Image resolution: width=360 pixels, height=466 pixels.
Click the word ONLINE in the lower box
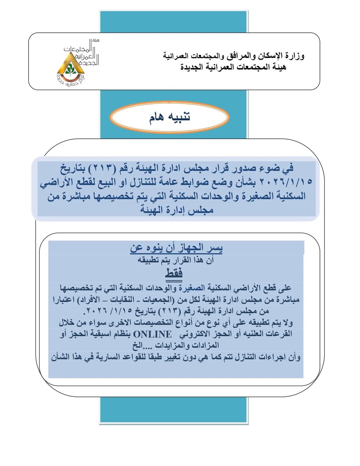(x=152, y=334)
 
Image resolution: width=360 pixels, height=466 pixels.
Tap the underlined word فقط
(x=174, y=273)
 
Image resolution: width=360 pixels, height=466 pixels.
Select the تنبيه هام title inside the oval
(x=170, y=117)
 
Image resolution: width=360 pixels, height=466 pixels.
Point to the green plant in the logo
(x=70, y=69)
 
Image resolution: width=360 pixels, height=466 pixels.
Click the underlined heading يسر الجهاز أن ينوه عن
(x=176, y=248)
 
